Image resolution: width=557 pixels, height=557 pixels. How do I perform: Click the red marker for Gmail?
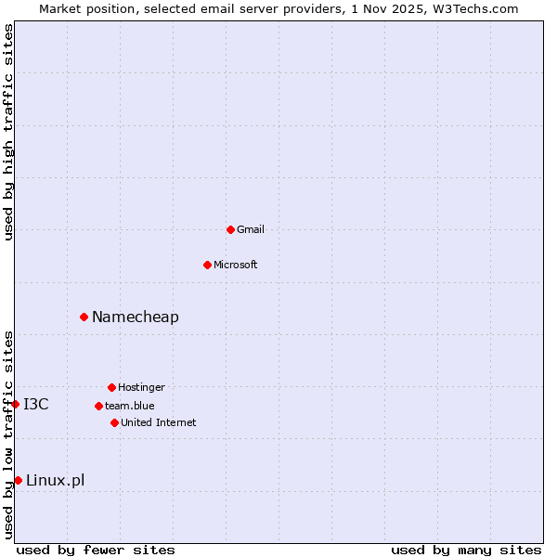[x=230, y=229]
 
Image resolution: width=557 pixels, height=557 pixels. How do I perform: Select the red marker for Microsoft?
[x=207, y=265]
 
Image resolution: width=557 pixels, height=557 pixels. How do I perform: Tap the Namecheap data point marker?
[x=84, y=317]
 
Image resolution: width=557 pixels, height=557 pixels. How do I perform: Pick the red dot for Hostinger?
[x=111, y=387]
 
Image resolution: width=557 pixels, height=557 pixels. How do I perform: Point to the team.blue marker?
[x=98, y=406]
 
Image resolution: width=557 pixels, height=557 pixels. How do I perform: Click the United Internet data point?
[x=114, y=422]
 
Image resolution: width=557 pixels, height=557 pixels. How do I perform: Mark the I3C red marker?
[x=16, y=404]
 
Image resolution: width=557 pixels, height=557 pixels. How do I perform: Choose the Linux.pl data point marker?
[x=18, y=480]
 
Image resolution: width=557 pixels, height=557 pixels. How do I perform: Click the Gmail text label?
[x=251, y=229]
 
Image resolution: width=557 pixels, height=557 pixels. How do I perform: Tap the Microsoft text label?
[x=236, y=265]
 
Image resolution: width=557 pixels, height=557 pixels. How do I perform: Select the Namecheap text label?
[x=136, y=317]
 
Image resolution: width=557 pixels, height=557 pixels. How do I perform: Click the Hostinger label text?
[x=141, y=387]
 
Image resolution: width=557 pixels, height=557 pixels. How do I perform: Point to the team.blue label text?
[x=130, y=406]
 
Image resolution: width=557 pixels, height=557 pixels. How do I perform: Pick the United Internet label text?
[x=159, y=422]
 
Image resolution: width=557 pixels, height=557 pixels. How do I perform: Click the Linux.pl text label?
[x=56, y=480]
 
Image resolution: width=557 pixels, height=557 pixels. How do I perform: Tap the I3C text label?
[x=36, y=404]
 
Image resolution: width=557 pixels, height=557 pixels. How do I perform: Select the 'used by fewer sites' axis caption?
[x=96, y=550]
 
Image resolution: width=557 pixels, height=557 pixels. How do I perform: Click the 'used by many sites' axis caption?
[x=466, y=550]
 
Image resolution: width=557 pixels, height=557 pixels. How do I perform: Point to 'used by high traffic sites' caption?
[x=8, y=132]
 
